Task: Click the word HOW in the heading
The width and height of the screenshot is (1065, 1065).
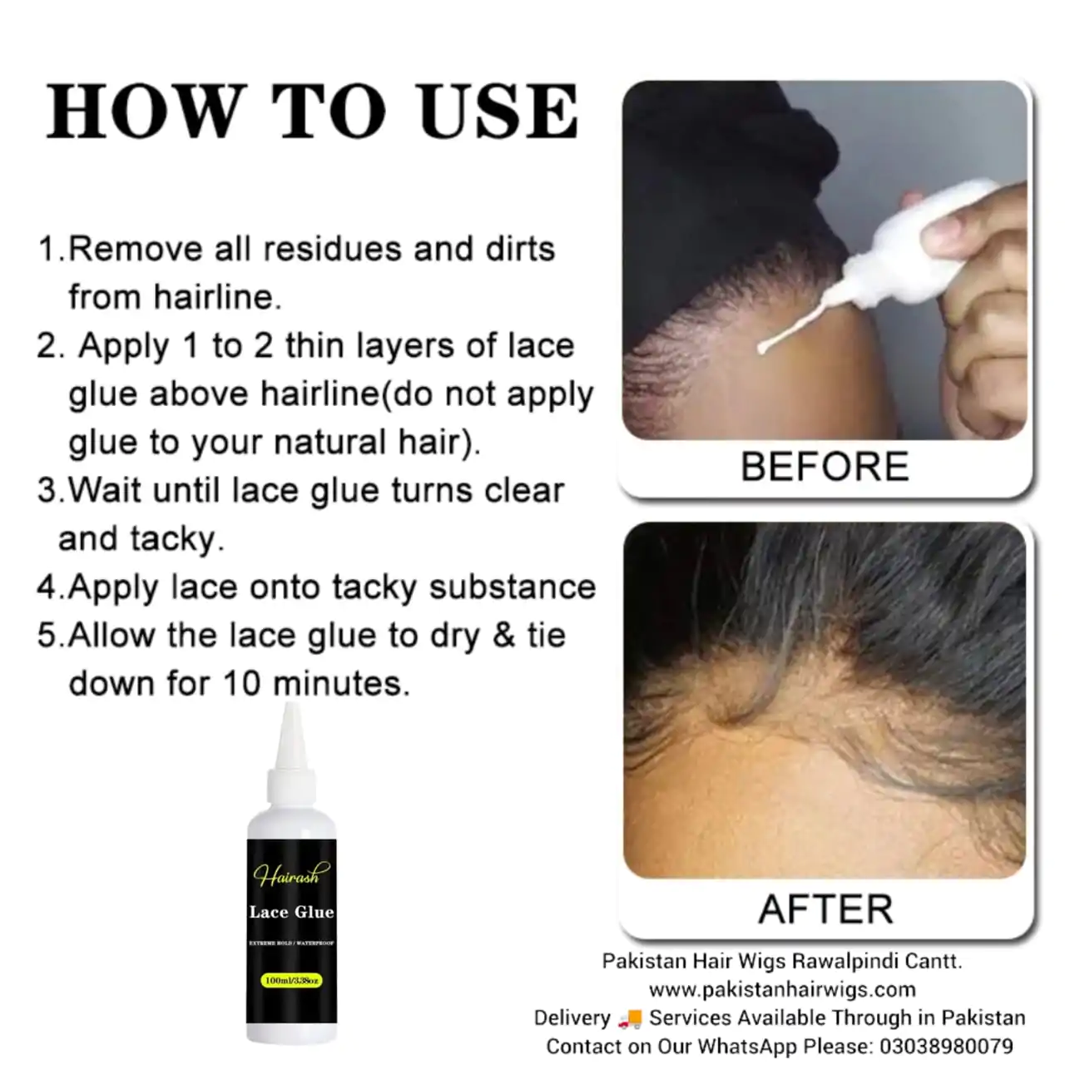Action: [143, 111]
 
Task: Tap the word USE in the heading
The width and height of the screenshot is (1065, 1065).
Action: [498, 111]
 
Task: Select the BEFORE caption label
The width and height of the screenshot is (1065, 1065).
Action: [825, 467]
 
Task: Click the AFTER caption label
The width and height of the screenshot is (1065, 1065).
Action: [825, 909]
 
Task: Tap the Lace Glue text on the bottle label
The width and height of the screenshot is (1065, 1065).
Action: [291, 912]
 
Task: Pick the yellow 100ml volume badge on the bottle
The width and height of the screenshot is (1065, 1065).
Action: [291, 980]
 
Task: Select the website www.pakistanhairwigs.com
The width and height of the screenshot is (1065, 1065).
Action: [782, 989]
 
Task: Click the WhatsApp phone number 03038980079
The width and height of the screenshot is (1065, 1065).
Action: [946, 1046]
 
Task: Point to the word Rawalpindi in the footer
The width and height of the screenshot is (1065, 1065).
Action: [847, 961]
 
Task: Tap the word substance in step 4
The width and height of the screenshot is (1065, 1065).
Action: [512, 587]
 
